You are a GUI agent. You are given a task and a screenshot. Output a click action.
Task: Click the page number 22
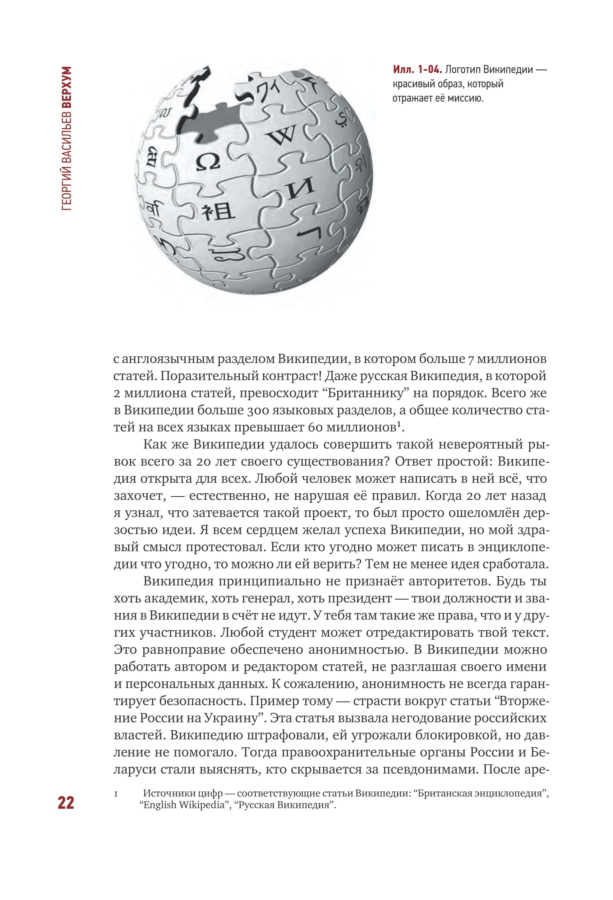coord(66,802)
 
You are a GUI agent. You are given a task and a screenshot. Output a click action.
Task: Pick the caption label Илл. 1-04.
coord(417,70)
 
